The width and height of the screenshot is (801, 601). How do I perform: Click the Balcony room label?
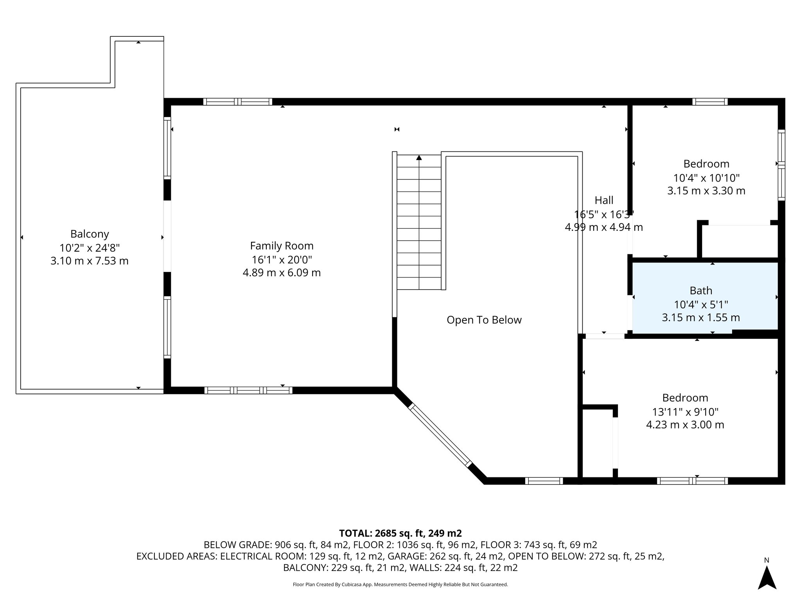[90, 234]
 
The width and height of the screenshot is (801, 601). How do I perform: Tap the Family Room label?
[282, 246]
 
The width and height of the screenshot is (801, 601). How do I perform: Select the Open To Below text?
[484, 320]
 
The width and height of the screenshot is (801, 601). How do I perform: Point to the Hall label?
[604, 200]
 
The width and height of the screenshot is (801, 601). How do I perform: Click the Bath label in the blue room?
[701, 291]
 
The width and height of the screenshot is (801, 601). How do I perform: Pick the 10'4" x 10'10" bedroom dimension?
[706, 178]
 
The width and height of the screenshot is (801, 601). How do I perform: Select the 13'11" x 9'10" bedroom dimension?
[685, 412]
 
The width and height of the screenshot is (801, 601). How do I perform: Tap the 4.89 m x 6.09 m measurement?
[282, 273]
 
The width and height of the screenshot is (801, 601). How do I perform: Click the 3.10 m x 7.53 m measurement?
[90, 261]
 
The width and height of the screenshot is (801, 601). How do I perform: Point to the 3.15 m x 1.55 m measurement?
[701, 318]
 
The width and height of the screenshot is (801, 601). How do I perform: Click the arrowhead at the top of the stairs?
[419, 158]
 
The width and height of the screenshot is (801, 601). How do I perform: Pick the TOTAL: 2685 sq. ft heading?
[400, 533]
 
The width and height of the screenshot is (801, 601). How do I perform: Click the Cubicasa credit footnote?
[400, 585]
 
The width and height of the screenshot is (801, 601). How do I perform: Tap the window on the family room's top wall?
[238, 102]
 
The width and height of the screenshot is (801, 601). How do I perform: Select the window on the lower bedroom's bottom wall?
[692, 481]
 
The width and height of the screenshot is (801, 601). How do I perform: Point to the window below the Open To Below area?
[544, 481]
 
